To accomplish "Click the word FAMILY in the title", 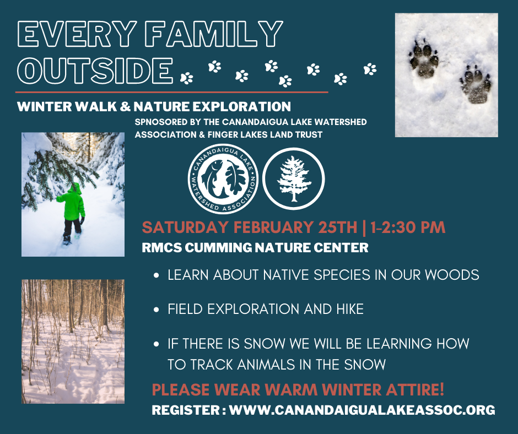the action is coord(214,34).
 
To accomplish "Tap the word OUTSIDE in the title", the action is coord(95,70).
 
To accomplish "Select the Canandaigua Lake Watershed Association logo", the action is coord(223,178).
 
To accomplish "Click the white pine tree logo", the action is coord(294,178).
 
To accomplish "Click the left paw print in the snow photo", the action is coord(424,58).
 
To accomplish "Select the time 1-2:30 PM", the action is coord(408,227).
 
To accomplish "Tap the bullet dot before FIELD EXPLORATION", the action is coord(157,310).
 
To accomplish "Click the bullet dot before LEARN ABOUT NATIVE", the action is coord(157,275).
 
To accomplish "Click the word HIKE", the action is coord(350,309).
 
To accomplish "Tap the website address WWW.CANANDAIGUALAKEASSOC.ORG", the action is coord(362,410).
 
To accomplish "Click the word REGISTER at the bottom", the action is coord(186,410).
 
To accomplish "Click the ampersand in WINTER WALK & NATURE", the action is coord(125,107).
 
